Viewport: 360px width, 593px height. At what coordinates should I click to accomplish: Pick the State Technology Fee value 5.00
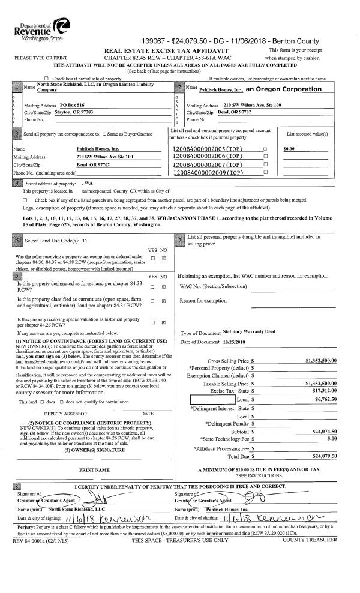pyautogui.click(x=332, y=438)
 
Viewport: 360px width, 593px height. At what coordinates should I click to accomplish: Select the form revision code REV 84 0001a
pyautogui.click(x=26, y=540)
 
